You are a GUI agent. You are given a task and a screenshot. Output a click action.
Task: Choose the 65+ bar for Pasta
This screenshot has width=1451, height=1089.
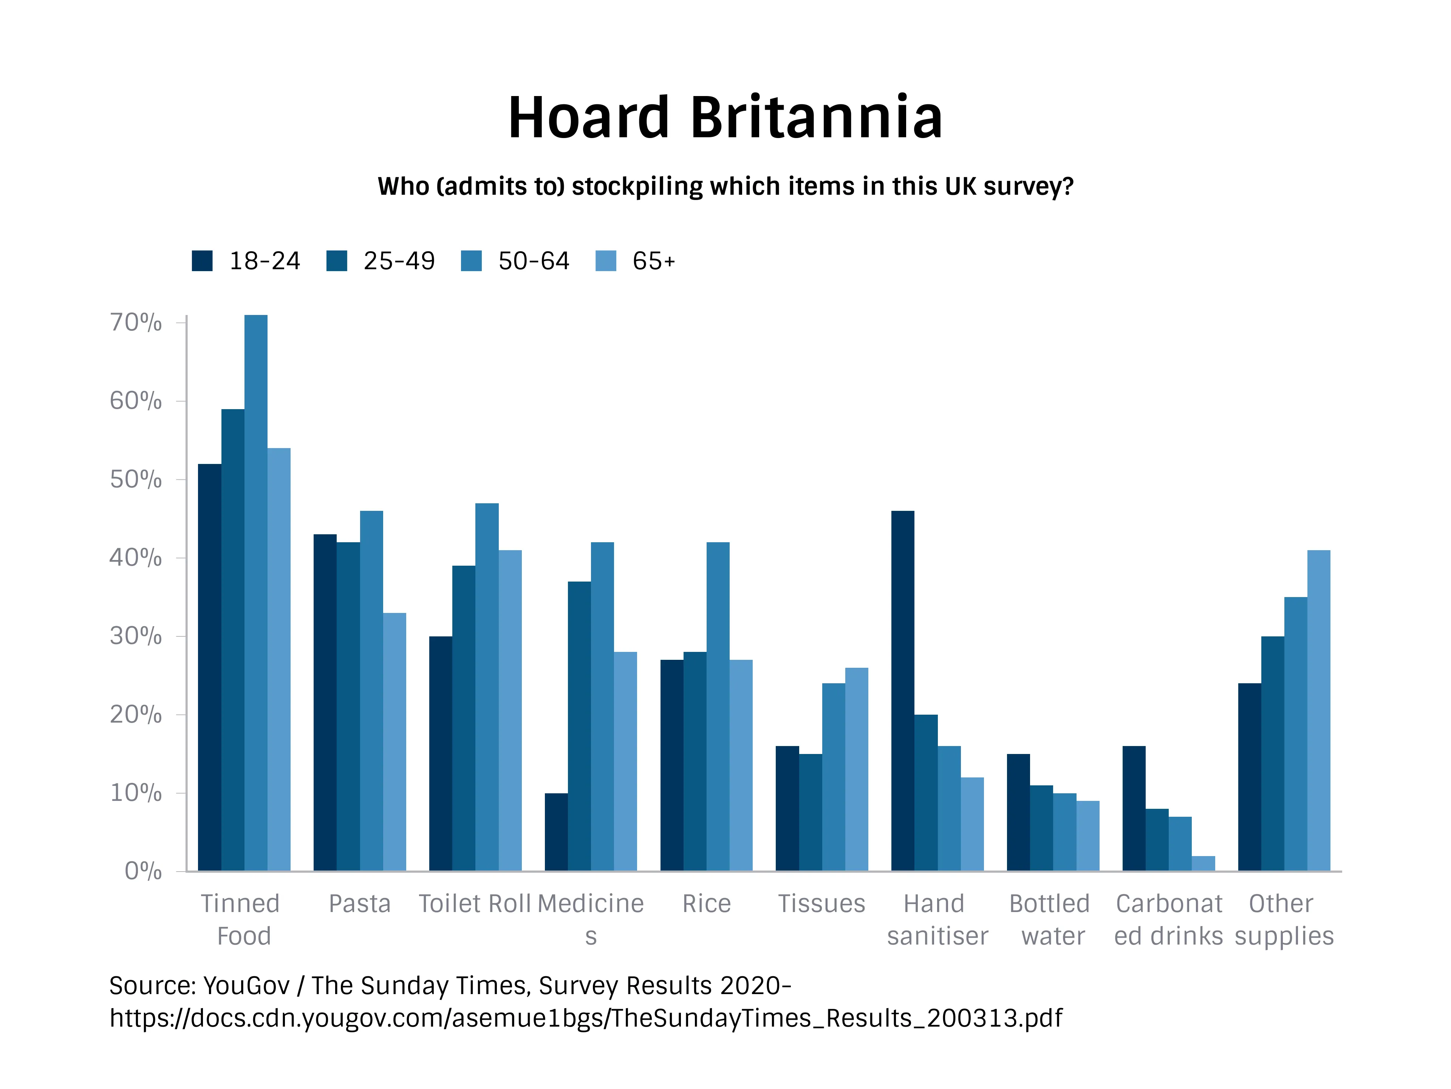[394, 742]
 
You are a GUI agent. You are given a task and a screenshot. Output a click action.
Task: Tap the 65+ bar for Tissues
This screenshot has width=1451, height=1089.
[857, 769]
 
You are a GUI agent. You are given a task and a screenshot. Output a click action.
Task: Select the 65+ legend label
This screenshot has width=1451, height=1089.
[653, 261]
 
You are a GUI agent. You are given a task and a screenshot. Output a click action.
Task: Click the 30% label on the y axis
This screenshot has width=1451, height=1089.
[136, 636]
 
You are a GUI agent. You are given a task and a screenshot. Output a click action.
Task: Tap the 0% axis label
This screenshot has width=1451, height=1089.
[143, 871]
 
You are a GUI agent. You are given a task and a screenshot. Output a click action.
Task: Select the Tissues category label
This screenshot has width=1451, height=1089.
[821, 904]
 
